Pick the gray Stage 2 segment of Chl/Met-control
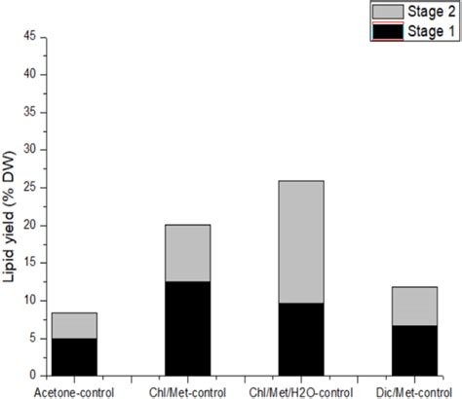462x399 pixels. [x=181, y=253]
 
